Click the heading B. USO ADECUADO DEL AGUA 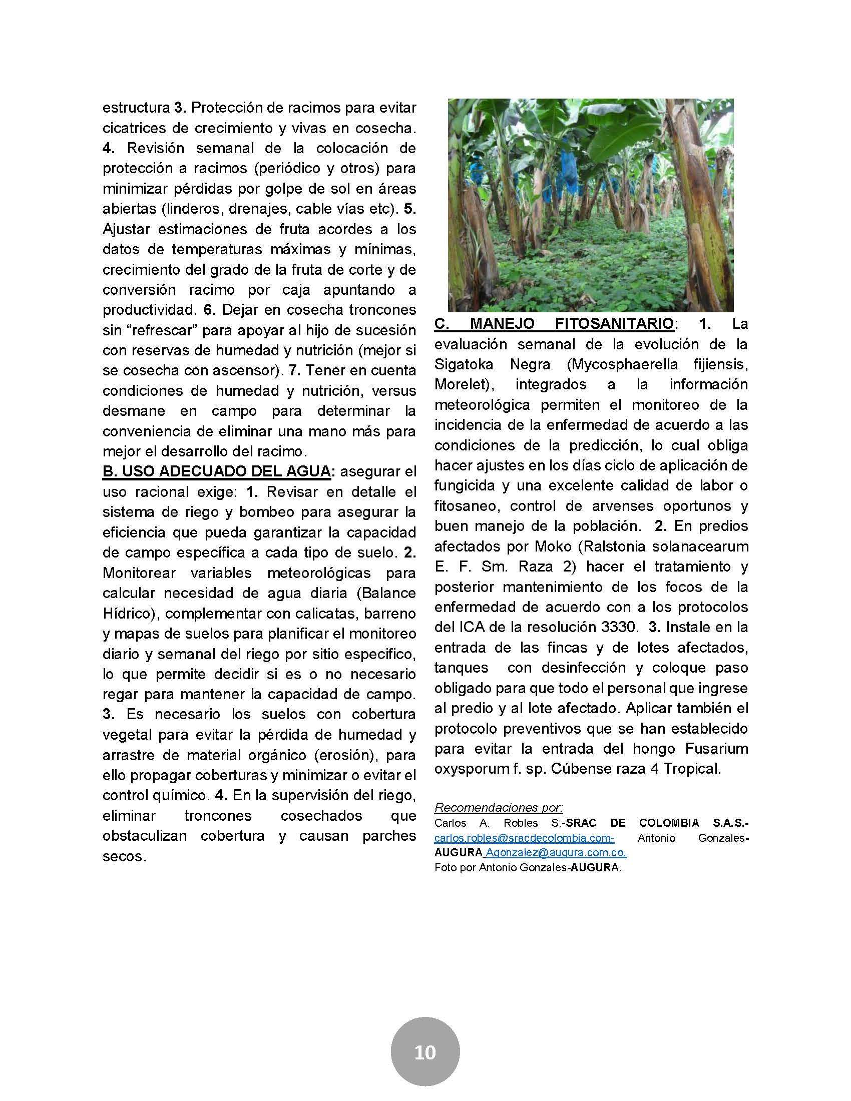[217, 471]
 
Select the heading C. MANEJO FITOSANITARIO [554, 324]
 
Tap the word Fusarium [716, 749]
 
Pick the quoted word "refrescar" [161, 330]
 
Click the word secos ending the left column [124, 856]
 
